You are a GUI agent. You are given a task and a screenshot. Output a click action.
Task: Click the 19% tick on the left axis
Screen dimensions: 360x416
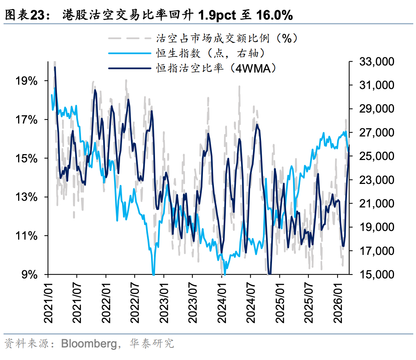pos(27,81)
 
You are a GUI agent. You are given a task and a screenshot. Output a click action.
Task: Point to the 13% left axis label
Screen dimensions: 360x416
pos(27,197)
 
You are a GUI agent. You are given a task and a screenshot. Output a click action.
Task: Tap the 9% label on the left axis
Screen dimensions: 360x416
pos(30,274)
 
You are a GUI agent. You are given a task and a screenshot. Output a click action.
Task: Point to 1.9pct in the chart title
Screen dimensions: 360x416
pos(217,15)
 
